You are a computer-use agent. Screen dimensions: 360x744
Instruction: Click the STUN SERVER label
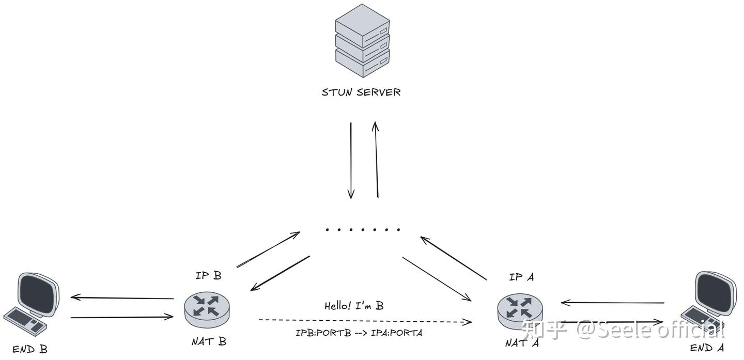(x=361, y=92)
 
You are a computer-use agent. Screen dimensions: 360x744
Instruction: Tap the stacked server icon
(x=362, y=42)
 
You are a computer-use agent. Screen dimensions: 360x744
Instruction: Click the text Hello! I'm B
(x=353, y=306)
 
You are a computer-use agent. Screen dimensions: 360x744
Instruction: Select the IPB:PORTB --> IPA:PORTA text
(x=359, y=333)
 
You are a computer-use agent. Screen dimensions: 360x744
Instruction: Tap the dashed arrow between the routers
(x=365, y=321)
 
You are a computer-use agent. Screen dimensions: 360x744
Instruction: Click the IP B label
(x=208, y=275)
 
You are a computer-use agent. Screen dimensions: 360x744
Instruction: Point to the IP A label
(x=521, y=277)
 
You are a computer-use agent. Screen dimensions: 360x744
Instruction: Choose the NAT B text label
(x=209, y=341)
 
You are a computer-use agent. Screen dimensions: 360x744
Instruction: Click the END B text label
(x=30, y=350)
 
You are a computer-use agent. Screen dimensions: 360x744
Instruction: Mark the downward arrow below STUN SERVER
(x=351, y=160)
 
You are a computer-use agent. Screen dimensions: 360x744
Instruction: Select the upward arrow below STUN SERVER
(x=377, y=160)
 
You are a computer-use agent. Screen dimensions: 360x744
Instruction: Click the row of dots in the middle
(x=363, y=229)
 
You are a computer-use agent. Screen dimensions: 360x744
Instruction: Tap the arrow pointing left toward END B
(x=122, y=298)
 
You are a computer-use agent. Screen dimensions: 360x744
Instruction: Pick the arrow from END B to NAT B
(x=122, y=317)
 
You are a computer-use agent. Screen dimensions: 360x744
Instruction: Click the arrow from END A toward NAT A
(x=613, y=302)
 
